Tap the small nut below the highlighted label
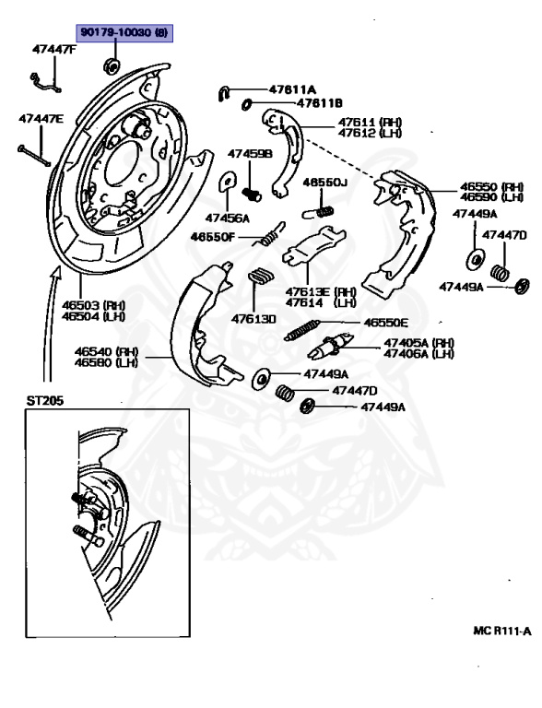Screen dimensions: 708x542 pos(112,65)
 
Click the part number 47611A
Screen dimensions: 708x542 pos(292,89)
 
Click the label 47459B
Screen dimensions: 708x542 pos(251,154)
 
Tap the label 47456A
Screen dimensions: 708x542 pos(228,218)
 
